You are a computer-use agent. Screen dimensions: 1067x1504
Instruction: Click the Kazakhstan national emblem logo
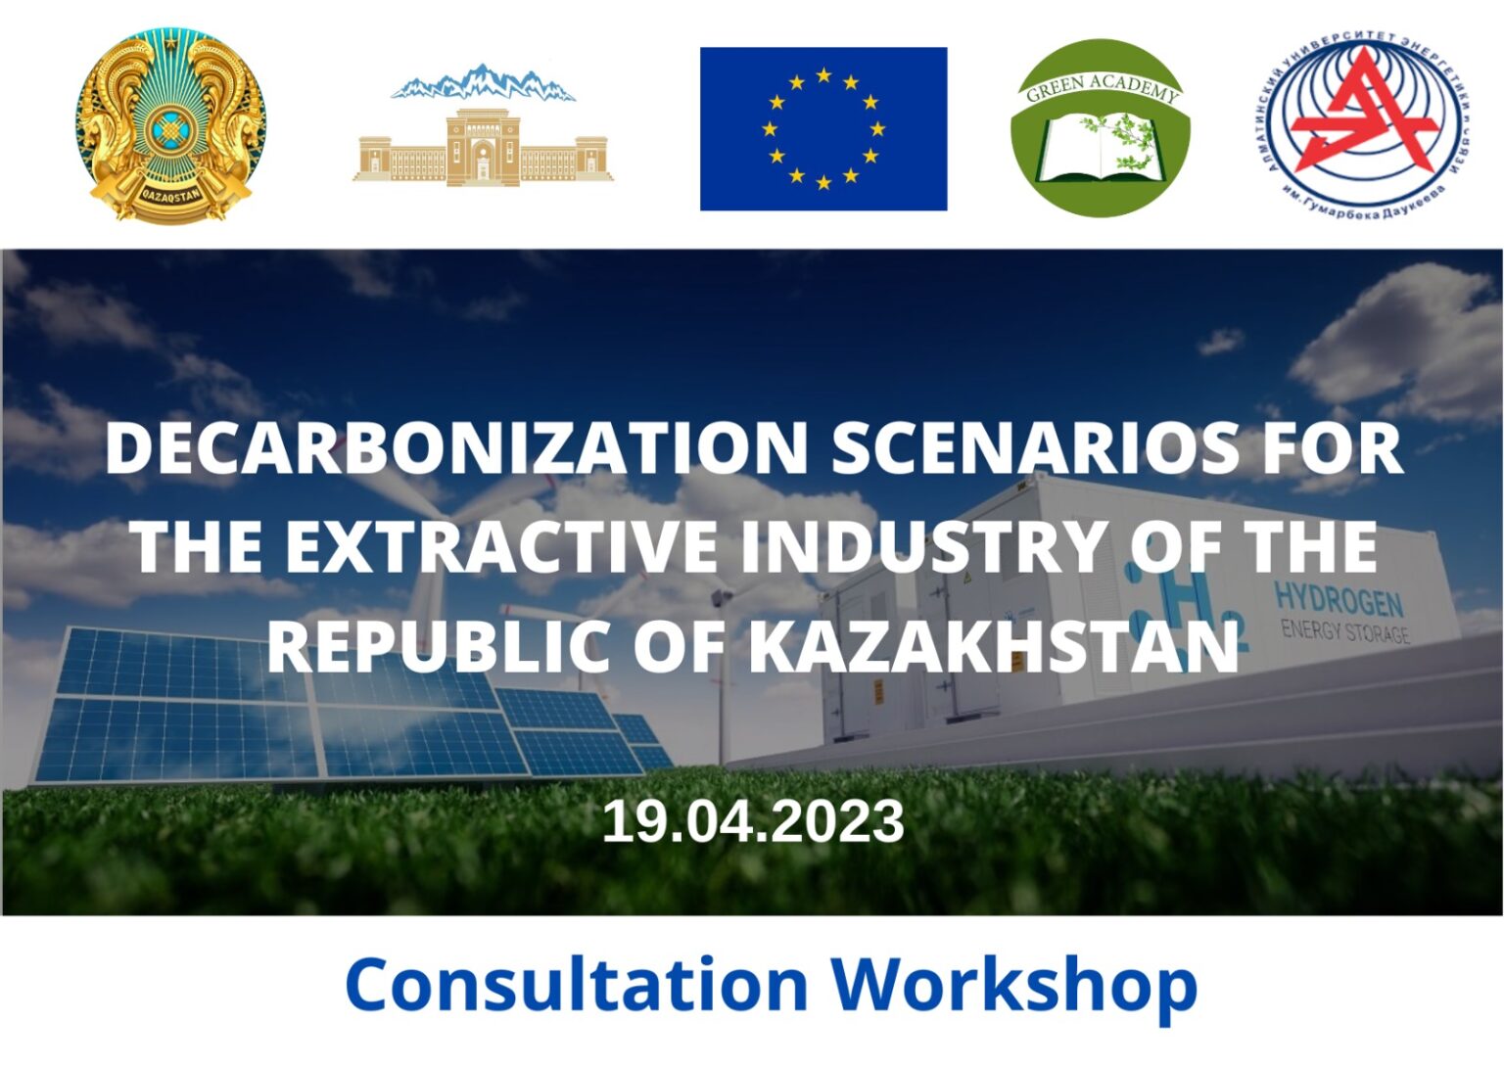170,124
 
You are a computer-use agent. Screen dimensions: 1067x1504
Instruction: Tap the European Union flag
822,128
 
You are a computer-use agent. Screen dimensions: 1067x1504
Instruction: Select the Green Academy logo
1100,128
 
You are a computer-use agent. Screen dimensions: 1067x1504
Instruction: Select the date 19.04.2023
752,821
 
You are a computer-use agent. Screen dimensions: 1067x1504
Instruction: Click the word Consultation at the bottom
577,985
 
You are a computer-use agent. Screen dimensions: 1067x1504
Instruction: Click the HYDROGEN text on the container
1338,598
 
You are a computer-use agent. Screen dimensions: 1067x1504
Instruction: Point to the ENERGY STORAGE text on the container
1344,630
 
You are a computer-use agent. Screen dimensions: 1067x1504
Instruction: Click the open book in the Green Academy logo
1099,149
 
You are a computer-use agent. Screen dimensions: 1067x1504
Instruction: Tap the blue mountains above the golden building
482,84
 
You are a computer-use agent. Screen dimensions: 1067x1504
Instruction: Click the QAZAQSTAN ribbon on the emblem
170,193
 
